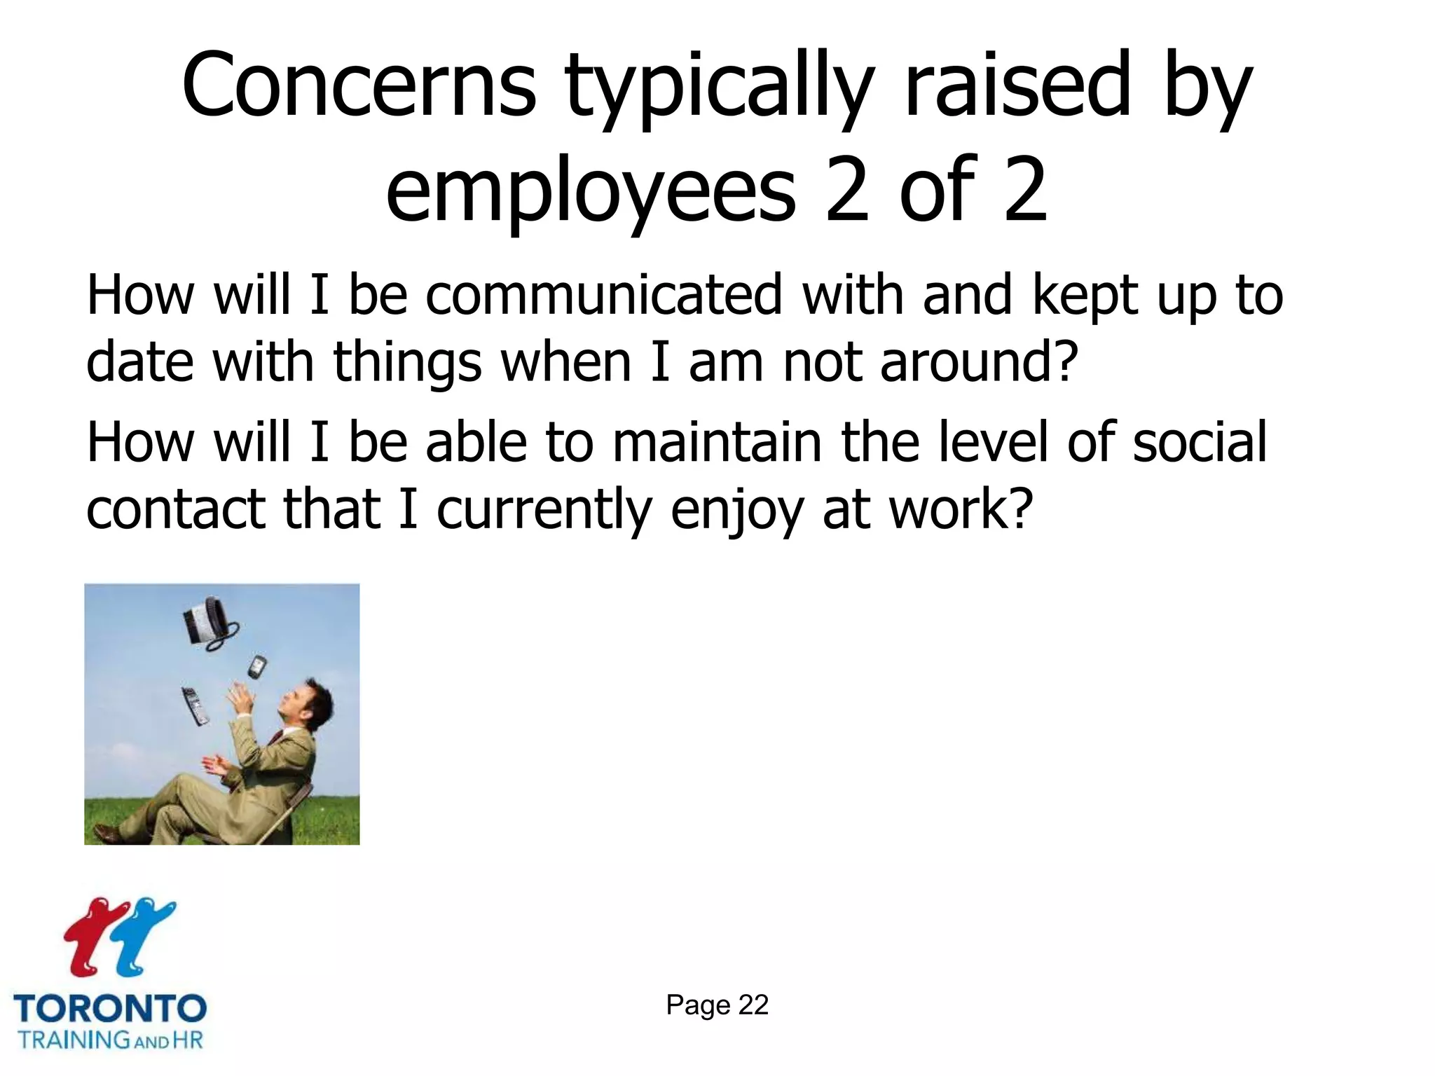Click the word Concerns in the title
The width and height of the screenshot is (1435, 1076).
[x=359, y=85]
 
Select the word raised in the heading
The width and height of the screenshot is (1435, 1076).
[x=1017, y=85]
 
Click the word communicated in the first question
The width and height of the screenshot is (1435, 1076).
[x=603, y=295]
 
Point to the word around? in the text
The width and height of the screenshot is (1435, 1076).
[x=978, y=362]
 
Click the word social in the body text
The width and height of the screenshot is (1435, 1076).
[x=1199, y=443]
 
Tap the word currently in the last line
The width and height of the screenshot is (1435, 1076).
[x=544, y=509]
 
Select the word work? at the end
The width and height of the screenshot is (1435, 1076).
[x=961, y=509]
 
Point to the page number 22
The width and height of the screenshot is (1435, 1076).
[x=753, y=1005]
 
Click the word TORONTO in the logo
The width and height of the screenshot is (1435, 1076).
[x=110, y=1009]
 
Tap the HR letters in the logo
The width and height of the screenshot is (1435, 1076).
[x=188, y=1039]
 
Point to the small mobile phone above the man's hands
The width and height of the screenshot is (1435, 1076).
[x=257, y=667]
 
